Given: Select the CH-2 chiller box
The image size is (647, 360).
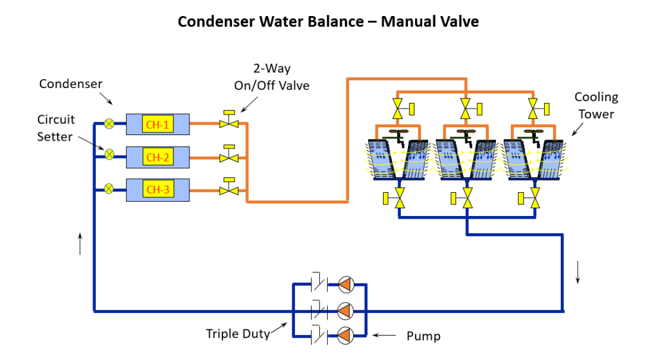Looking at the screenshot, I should (157, 157).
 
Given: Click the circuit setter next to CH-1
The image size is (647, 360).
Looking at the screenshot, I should (109, 123).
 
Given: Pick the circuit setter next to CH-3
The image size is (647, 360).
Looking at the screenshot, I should (109, 189).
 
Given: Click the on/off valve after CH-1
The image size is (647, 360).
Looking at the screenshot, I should (228, 121).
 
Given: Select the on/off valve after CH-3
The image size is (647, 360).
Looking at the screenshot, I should (228, 188).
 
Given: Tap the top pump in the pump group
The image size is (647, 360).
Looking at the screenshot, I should (346, 283).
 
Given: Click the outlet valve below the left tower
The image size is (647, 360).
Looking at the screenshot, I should (399, 199).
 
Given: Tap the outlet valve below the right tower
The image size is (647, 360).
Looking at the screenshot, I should (535, 199).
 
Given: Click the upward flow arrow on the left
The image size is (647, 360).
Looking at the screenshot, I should (80, 244).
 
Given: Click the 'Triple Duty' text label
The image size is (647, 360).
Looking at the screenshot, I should (237, 334).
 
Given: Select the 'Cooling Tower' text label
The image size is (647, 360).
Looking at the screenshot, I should (596, 105).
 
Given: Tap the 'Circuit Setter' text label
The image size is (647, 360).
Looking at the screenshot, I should (55, 128).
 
